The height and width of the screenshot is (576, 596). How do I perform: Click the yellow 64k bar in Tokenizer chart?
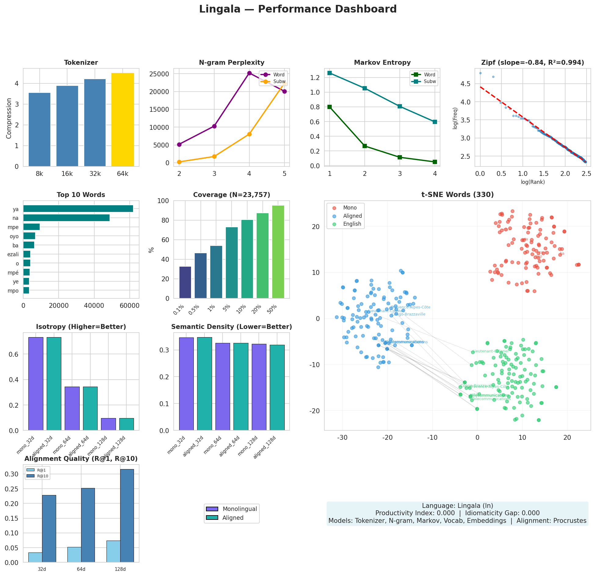point(122,119)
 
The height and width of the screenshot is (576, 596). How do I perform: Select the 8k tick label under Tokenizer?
point(39,174)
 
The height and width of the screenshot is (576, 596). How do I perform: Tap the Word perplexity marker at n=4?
point(249,73)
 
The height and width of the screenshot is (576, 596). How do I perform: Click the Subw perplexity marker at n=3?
point(214,156)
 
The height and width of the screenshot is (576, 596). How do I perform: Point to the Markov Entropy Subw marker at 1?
point(330,73)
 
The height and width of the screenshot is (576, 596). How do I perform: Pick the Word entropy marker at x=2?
point(365,146)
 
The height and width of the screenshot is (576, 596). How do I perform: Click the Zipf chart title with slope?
point(533,63)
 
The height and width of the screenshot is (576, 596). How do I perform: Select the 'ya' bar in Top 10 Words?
point(78,209)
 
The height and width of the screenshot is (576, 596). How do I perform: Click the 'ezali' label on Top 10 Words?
point(13,254)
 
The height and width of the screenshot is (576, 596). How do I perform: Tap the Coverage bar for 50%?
point(278,252)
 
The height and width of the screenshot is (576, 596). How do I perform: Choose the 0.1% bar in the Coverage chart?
point(185,282)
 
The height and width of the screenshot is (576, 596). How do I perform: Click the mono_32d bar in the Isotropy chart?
point(36,384)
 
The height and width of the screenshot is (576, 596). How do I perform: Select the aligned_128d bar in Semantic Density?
point(277,387)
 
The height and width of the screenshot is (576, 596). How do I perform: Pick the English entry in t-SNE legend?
point(352,224)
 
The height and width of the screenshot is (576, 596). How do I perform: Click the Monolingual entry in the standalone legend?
point(240,509)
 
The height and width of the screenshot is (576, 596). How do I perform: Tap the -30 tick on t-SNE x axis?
point(342,438)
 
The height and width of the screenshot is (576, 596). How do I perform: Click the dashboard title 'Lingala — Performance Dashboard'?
point(298,9)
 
